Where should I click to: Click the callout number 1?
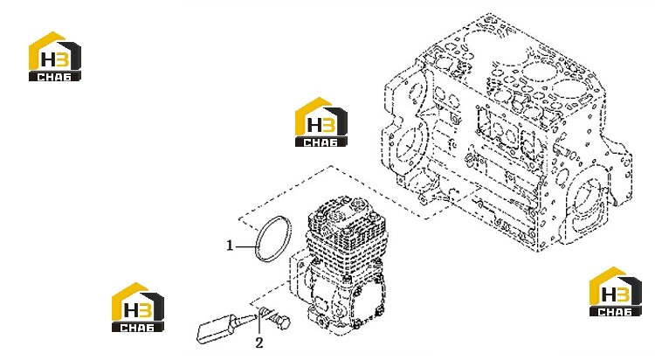(x=230, y=246)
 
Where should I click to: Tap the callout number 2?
(x=259, y=343)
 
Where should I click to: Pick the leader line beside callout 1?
(x=245, y=246)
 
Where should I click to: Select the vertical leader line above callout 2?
(x=259, y=322)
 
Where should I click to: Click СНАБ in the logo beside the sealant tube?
(x=137, y=328)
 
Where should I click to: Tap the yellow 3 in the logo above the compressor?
(x=327, y=125)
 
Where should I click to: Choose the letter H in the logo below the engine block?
(x=609, y=294)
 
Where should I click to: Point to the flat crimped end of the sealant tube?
(x=203, y=334)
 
